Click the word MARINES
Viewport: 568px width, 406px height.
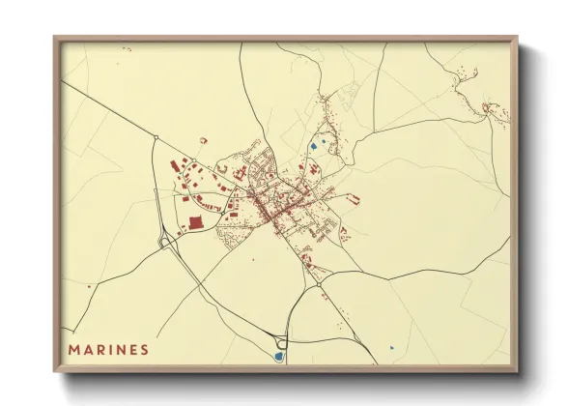[109, 349]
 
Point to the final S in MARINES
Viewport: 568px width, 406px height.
[144, 349]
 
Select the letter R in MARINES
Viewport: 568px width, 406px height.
[100, 349]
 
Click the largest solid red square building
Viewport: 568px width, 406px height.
[196, 222]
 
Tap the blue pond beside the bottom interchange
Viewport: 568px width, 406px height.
[278, 356]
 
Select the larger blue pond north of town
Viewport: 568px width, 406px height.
[315, 147]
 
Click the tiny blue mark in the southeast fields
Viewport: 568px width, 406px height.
[391, 348]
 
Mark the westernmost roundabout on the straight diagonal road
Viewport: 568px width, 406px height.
[155, 138]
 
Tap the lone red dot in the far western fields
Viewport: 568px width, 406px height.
[89, 286]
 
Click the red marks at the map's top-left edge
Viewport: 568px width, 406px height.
[126, 47]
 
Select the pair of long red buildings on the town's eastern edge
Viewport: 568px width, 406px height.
[354, 200]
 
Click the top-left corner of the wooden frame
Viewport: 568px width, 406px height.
[55, 38]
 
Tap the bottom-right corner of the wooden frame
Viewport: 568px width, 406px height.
[517, 370]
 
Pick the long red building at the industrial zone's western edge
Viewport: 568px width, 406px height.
[175, 166]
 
